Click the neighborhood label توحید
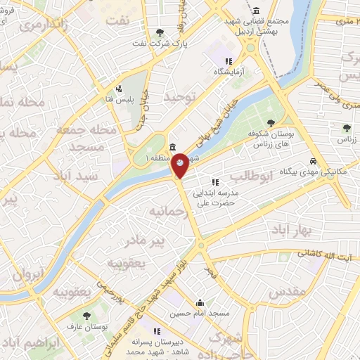178,97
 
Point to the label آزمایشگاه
229,72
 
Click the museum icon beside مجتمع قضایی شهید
255,11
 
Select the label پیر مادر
145,242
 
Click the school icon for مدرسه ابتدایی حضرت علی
225,183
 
